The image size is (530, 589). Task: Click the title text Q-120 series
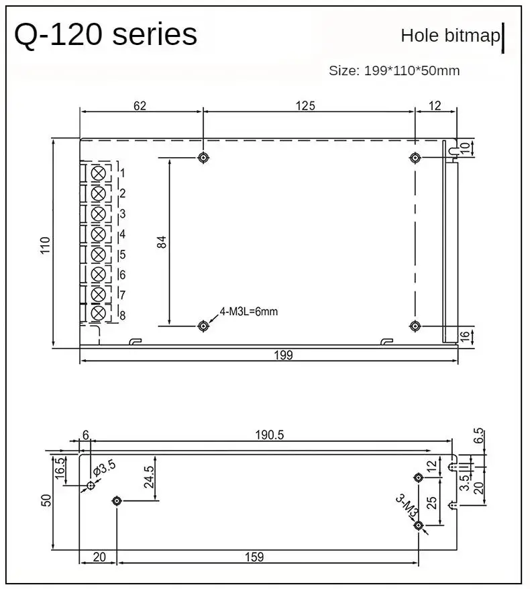(x=105, y=35)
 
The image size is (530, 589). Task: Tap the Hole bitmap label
(x=450, y=36)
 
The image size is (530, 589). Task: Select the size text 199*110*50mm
(x=394, y=71)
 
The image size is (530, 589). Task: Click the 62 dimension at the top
(x=140, y=105)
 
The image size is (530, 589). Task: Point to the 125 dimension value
(x=305, y=105)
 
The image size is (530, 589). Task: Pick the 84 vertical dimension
(x=162, y=242)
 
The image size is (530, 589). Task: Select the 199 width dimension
(x=284, y=355)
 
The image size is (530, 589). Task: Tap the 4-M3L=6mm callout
(x=248, y=312)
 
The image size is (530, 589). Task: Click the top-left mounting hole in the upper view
(x=203, y=158)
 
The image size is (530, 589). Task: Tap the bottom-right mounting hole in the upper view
(x=415, y=326)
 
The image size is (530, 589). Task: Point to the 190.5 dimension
(x=270, y=435)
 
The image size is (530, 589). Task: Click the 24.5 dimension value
(x=149, y=477)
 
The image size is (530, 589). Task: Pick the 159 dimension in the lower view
(x=254, y=556)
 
